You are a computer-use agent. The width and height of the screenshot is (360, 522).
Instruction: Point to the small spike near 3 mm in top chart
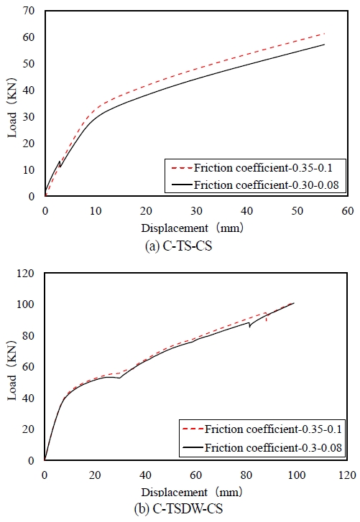click(59, 162)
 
